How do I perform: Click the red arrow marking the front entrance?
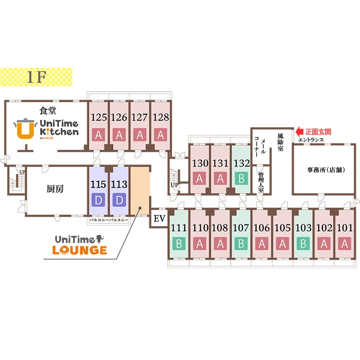299,132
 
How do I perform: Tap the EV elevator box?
159,219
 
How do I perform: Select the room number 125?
99,117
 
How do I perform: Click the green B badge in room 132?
241,179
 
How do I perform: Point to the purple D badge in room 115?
98,200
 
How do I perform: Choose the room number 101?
344,228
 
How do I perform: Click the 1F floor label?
37,77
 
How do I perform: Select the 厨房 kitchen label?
55,189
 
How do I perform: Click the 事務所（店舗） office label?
326,170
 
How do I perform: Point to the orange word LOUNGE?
79,250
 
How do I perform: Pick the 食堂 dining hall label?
48,111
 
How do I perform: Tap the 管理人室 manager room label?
261,182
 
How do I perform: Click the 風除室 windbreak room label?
280,142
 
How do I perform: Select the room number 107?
241,228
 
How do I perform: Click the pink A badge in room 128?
161,135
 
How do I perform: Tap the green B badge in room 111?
179,244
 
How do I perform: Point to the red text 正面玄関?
318,132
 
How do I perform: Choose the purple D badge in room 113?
119,200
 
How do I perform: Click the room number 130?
200,163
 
